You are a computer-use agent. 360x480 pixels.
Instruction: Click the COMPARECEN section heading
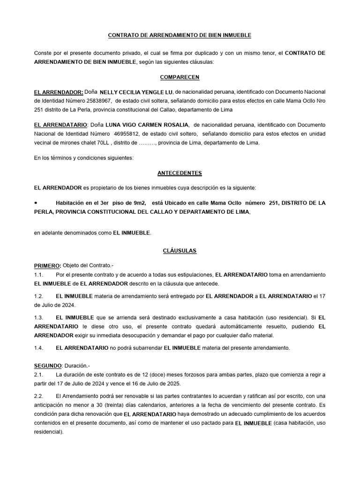(180, 76)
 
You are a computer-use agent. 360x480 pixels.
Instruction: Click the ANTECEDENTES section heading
(180, 173)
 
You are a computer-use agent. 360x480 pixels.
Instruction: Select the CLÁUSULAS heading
(180, 251)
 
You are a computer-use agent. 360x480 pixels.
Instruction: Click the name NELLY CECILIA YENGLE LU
(134, 92)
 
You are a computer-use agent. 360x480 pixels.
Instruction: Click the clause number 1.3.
(39, 318)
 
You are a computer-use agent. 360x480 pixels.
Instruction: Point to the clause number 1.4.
(39, 348)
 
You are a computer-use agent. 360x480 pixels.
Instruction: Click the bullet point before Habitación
(37, 202)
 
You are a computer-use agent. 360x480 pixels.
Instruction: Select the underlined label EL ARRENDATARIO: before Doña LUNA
(61, 126)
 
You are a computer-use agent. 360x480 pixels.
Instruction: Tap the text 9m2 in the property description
(138, 203)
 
